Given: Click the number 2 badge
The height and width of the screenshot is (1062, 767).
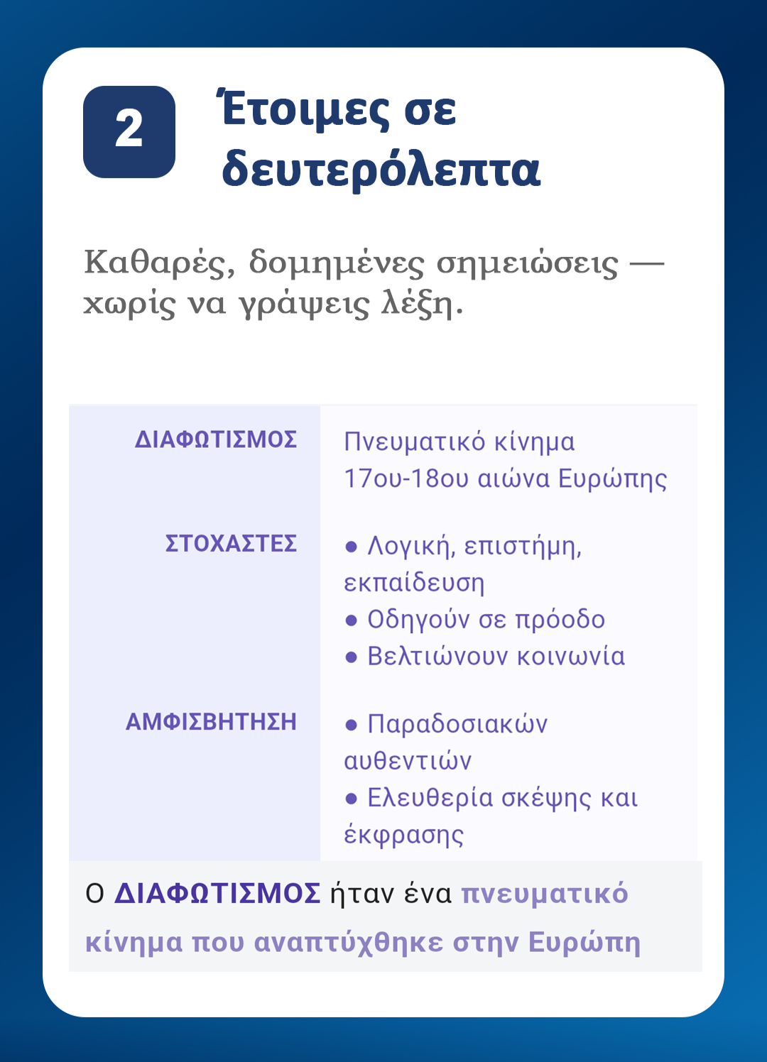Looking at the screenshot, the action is click(x=129, y=132).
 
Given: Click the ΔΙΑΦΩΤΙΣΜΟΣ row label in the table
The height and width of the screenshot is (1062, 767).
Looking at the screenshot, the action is click(x=216, y=439).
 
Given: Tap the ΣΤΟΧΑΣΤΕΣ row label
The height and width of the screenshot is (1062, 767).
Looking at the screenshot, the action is click(x=231, y=543).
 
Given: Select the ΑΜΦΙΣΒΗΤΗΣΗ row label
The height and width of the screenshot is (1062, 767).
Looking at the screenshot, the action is click(x=211, y=722).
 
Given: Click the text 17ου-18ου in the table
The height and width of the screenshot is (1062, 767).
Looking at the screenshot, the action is click(x=407, y=478).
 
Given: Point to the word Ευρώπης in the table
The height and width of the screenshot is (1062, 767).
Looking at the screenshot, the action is click(x=612, y=479).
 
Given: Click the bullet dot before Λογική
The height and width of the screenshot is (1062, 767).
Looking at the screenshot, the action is click(x=351, y=547).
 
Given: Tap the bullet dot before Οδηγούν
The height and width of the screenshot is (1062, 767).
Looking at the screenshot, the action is click(x=351, y=620).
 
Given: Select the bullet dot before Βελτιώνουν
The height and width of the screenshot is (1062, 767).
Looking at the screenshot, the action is click(x=351, y=657).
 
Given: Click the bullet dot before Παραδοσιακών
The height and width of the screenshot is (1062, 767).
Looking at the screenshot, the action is click(x=351, y=725).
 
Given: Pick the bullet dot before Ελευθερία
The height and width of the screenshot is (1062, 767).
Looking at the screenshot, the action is click(x=351, y=799).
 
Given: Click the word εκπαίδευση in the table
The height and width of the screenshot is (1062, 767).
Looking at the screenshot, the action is click(x=414, y=583).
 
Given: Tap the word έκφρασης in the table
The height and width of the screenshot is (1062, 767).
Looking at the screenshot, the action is click(x=403, y=836).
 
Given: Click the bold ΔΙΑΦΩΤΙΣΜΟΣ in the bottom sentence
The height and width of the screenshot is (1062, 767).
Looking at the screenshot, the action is click(x=217, y=894).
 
